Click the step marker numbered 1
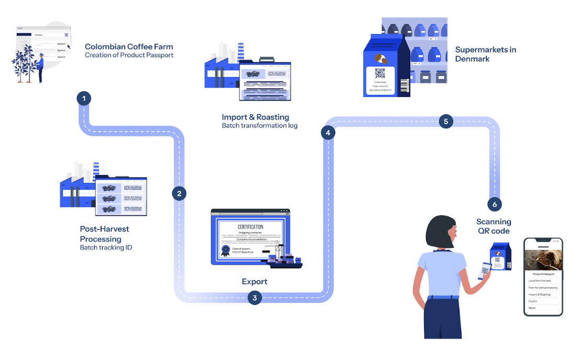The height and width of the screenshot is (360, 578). [83, 98]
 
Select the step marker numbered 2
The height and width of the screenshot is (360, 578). [179, 193]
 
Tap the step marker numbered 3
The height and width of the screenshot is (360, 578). [255, 298]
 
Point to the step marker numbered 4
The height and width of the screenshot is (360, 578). [328, 133]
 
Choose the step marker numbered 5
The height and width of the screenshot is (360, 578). [445, 122]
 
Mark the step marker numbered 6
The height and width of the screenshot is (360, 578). [494, 204]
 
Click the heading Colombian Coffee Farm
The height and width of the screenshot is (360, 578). [129, 47]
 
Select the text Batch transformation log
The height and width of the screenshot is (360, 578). [259, 126]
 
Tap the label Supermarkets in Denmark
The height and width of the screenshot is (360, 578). [485, 54]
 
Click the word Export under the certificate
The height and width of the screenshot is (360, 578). [255, 281]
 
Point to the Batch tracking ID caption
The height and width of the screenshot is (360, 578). [106, 247]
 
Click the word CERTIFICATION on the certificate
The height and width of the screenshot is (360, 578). [250, 227]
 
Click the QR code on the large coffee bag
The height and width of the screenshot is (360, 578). [380, 73]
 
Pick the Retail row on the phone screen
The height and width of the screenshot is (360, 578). [532, 308]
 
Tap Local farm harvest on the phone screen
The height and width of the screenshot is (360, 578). [539, 281]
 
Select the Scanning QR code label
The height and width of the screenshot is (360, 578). [494, 226]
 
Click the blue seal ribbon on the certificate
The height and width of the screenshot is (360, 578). [226, 250]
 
